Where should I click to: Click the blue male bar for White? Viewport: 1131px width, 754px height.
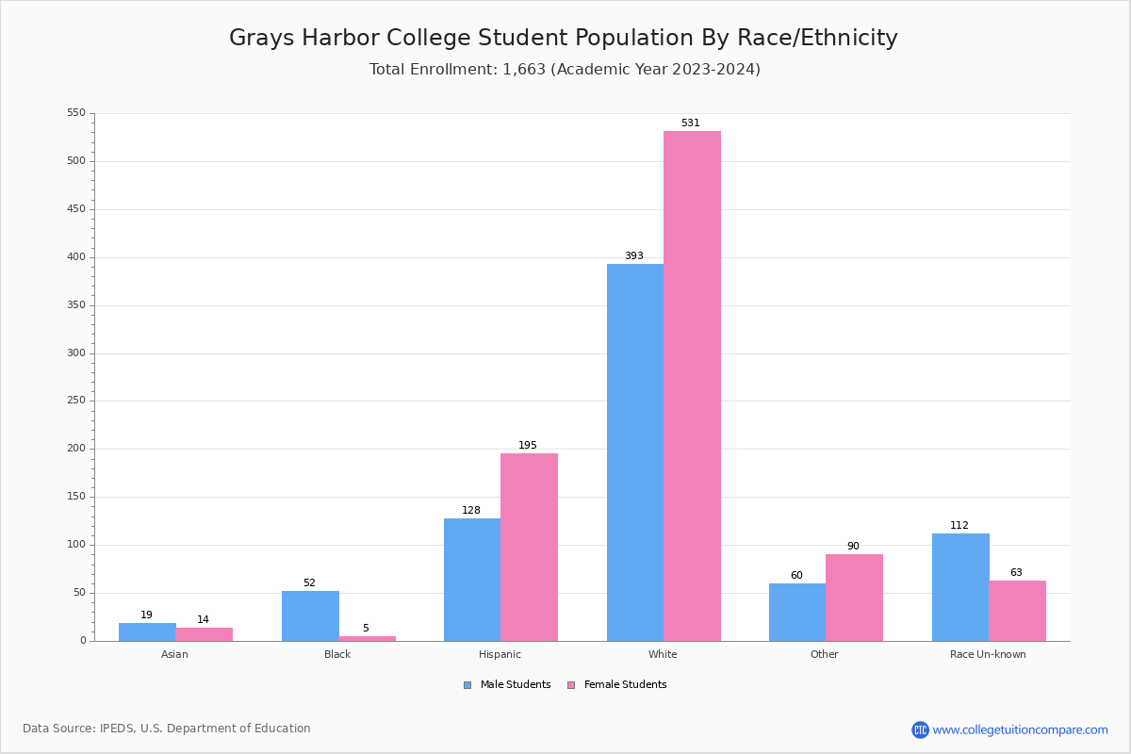[x=635, y=452]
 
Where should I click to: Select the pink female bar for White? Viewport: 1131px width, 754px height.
[x=692, y=386]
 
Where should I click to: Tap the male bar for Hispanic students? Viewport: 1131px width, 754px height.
[x=472, y=580]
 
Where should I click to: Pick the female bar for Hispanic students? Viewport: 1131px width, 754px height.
[x=529, y=547]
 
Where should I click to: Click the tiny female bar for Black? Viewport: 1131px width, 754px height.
[x=367, y=638]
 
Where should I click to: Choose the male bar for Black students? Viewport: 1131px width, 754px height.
[x=310, y=615]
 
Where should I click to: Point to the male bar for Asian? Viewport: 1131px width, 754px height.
[x=147, y=631]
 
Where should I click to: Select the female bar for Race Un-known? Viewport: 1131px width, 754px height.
[x=1017, y=611]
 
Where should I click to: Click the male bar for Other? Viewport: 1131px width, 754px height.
[x=797, y=612]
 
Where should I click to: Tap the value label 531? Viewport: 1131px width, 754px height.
[x=691, y=123]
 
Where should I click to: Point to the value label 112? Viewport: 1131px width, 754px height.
[x=959, y=526]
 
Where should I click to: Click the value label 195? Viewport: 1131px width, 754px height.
[x=528, y=446]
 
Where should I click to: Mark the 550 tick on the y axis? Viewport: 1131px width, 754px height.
[x=75, y=113]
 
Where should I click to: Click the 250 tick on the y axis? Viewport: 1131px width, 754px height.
[x=75, y=401]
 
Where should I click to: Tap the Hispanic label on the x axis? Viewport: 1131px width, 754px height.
[x=500, y=654]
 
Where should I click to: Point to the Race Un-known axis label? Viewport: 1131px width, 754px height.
[x=988, y=654]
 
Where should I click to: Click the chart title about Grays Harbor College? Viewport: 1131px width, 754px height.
[x=564, y=38]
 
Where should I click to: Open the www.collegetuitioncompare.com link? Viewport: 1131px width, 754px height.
[x=1020, y=729]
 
